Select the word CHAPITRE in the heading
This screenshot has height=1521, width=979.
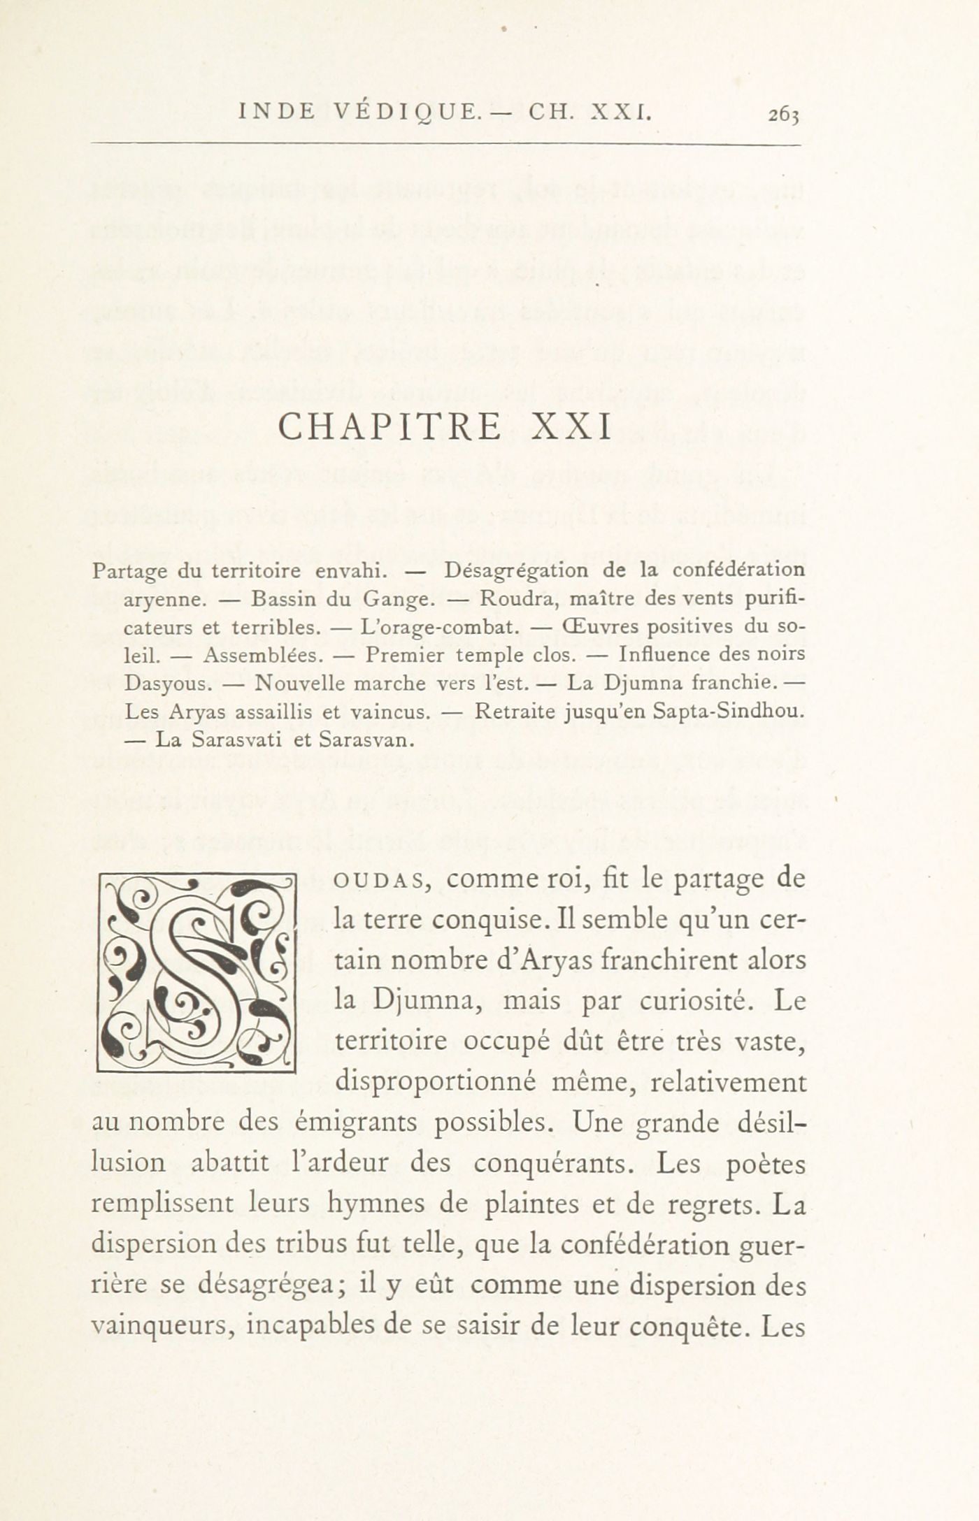pos(390,427)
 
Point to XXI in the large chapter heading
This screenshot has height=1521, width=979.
pos(573,427)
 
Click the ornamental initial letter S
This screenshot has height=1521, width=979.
pos(196,972)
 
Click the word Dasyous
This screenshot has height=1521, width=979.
pos(168,683)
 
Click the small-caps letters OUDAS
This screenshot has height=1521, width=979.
pos(377,882)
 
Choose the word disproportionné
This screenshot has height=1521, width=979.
pos(436,1082)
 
